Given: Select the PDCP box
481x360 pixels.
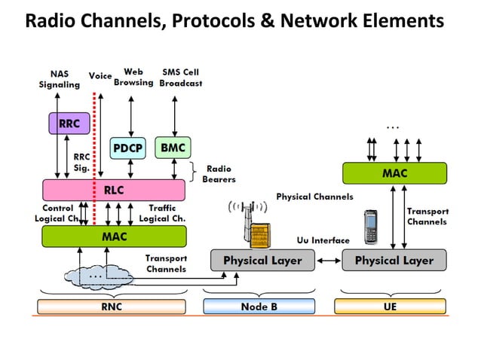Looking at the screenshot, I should (x=129, y=148).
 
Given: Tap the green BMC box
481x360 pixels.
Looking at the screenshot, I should (x=173, y=148).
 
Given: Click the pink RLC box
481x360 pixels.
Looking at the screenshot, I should (x=113, y=190).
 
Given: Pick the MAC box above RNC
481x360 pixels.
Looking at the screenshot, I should (x=113, y=236).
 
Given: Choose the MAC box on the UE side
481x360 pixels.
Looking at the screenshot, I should (x=394, y=173).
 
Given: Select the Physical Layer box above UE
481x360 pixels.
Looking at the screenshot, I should (x=394, y=261).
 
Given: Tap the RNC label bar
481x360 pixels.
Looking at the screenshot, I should (x=111, y=307).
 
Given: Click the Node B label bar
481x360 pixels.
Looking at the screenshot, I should (x=259, y=307).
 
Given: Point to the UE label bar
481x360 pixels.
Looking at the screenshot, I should (x=389, y=307).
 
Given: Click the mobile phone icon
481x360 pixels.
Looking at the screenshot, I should (x=371, y=224).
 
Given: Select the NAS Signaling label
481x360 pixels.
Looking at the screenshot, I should (x=59, y=79).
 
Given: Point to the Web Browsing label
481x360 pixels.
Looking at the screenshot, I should (x=133, y=78).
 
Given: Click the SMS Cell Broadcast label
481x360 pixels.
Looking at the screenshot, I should (x=180, y=78).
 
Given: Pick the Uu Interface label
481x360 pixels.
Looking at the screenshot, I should (x=322, y=240).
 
